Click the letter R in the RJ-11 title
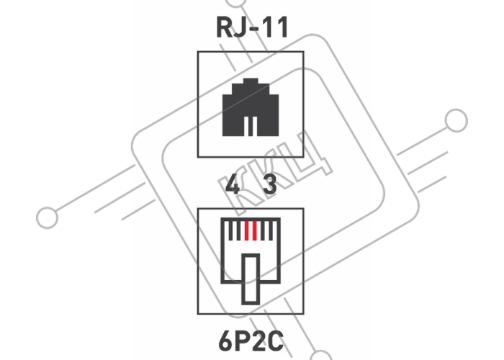(x=224, y=27)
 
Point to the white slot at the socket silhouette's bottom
(x=251, y=126)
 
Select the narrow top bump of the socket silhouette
(x=251, y=81)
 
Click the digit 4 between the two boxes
(x=232, y=184)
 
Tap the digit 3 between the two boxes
(x=270, y=184)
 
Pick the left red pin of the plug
(x=247, y=230)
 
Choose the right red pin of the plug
(x=255, y=230)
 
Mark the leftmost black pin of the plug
(x=231, y=230)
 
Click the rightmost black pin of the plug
(x=271, y=230)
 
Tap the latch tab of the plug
(x=251, y=279)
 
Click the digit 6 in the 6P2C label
(x=225, y=341)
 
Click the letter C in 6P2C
(x=276, y=341)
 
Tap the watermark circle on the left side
(x=48, y=217)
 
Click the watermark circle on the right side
(x=456, y=120)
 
